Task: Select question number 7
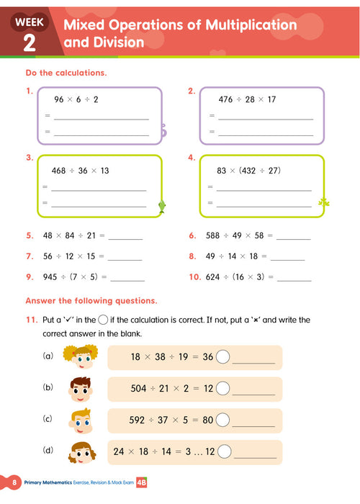(x=29, y=256)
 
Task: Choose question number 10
(x=194, y=276)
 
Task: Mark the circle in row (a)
(x=223, y=356)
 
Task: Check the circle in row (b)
(x=223, y=389)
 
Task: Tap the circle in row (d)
(x=225, y=452)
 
